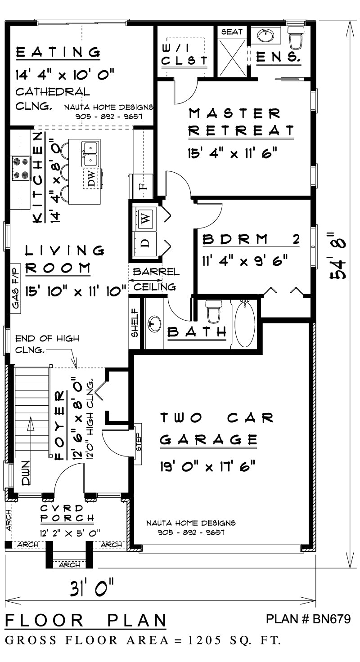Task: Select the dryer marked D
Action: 145,243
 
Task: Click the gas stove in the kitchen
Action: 20,169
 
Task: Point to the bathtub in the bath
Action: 244,324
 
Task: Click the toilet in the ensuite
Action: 296,38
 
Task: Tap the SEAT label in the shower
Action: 232,32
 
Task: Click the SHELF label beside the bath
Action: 134,322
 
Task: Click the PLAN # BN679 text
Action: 308,619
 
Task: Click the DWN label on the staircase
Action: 25,474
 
